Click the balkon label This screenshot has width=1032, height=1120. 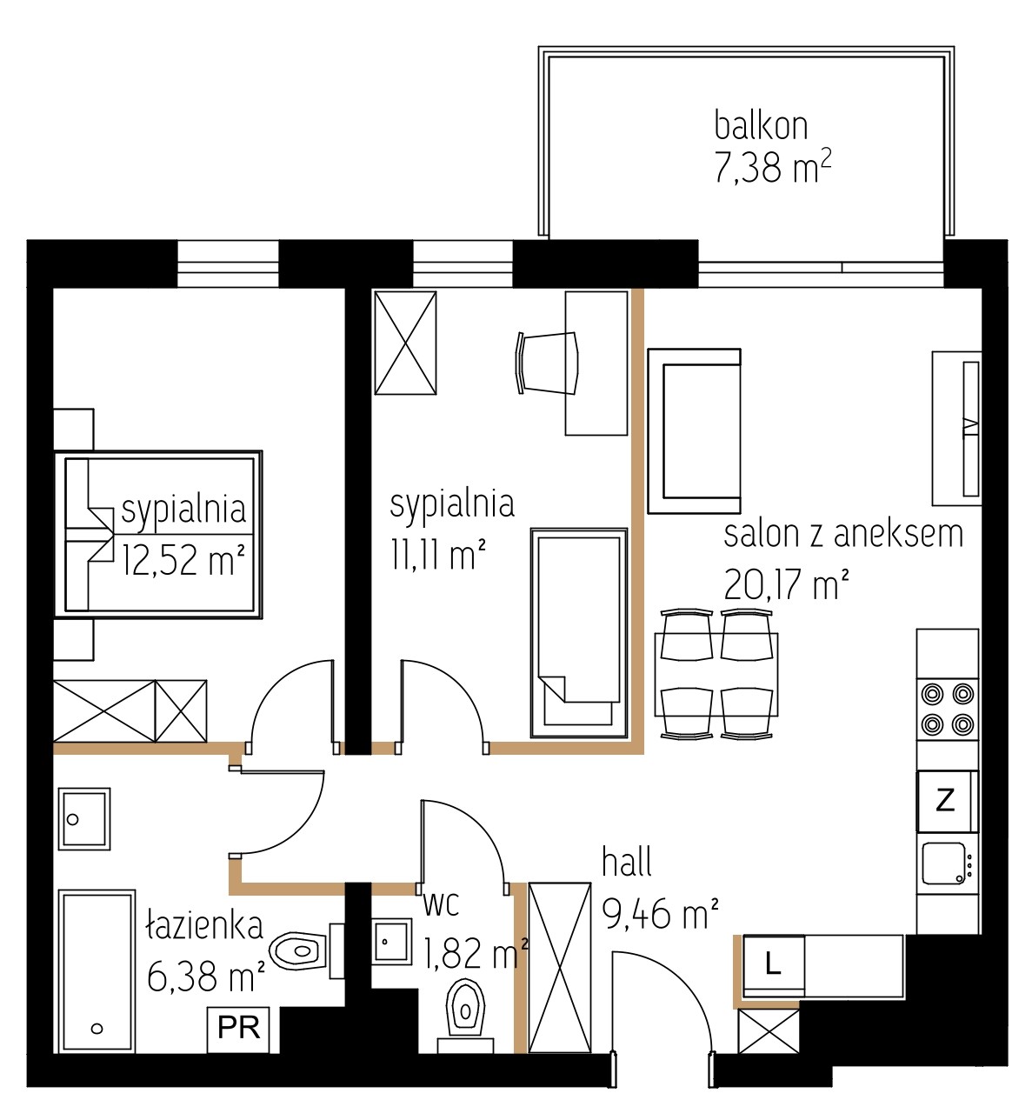pyautogui.click(x=761, y=126)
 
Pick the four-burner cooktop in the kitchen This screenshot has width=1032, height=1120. pyautogui.click(x=947, y=710)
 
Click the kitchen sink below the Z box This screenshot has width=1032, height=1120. pyautogui.click(x=947, y=863)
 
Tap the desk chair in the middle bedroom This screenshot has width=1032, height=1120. pyautogui.click(x=547, y=363)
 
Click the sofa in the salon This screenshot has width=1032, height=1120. pyautogui.click(x=694, y=431)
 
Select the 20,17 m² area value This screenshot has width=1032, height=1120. pyautogui.click(x=786, y=584)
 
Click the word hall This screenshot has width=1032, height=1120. pyautogui.click(x=627, y=863)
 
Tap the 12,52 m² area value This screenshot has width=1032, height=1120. pyautogui.click(x=183, y=560)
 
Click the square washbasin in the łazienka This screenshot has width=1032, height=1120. pyautogui.click(x=84, y=819)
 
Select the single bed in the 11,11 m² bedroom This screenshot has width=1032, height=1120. pyautogui.click(x=578, y=633)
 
